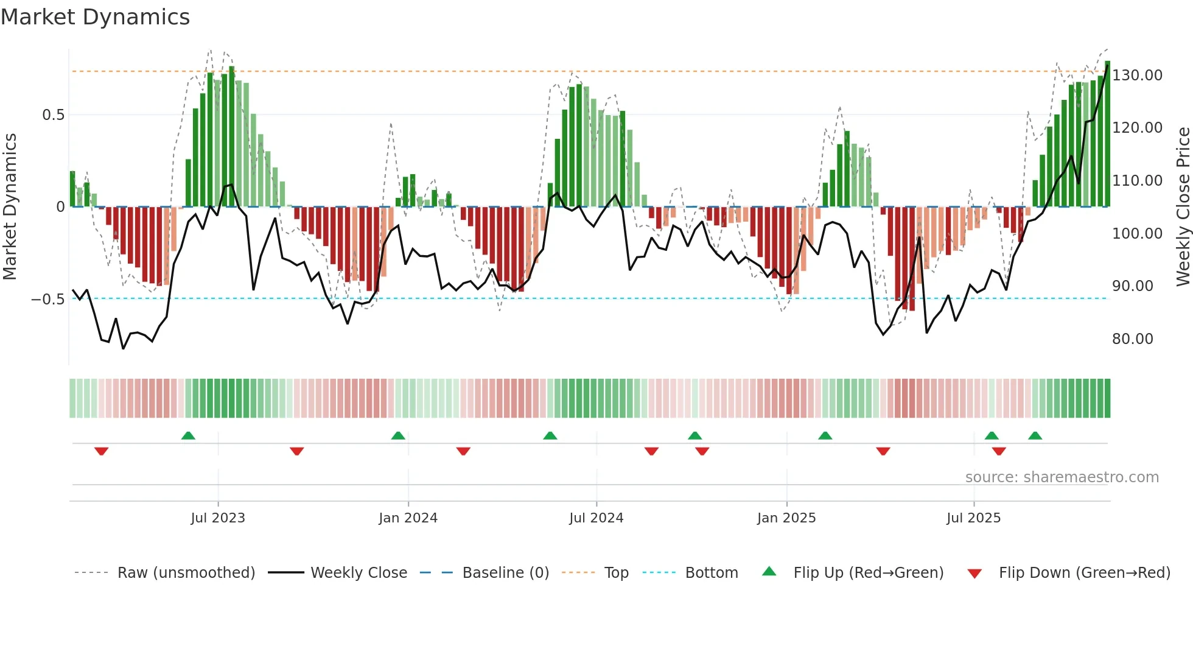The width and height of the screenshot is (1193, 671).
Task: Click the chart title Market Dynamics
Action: [95, 17]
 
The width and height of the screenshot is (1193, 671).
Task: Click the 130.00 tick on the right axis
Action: [1137, 76]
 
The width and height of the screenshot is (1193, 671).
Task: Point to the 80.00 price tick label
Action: [1132, 339]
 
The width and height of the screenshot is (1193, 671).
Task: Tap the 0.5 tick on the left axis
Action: [53, 115]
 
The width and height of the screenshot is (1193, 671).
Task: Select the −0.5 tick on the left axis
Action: [47, 300]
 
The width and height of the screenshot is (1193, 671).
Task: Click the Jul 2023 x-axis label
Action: [218, 518]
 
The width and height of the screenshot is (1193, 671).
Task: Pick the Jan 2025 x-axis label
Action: [786, 518]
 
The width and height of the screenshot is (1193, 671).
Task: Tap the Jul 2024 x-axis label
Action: [596, 518]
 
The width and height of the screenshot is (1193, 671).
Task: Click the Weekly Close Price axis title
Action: [1183, 207]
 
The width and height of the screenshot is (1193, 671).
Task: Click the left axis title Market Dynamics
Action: [10, 207]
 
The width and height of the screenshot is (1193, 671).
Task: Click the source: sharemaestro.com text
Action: [1062, 477]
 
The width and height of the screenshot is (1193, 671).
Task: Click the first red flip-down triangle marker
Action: [102, 451]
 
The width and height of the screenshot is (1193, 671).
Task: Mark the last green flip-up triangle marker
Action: [1035, 435]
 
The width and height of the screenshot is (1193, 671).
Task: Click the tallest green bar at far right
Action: [1107, 134]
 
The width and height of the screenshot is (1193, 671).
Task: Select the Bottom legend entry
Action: [711, 573]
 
